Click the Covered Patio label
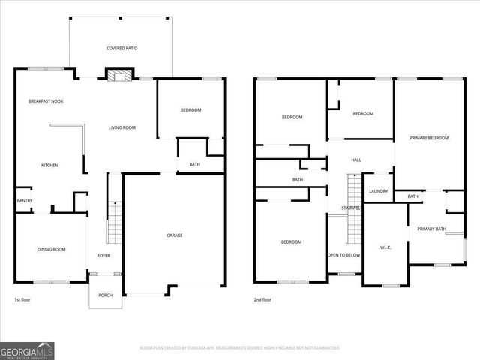pos(121,48)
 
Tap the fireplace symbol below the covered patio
pos(118,74)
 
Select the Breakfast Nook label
pos(46,101)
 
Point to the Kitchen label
pos(49,166)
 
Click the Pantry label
pos(24,201)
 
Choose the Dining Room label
pos(52,250)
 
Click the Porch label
pos(105,295)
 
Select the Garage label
pos(175,235)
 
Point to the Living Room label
pos(121,128)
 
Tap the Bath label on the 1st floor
pos(194,165)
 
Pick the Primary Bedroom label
pos(429,139)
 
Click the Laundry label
pos(378,191)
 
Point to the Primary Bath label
pos(431,229)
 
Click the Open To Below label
pos(344,255)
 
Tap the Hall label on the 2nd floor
pos(356,160)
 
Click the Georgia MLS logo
pos(26,349)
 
